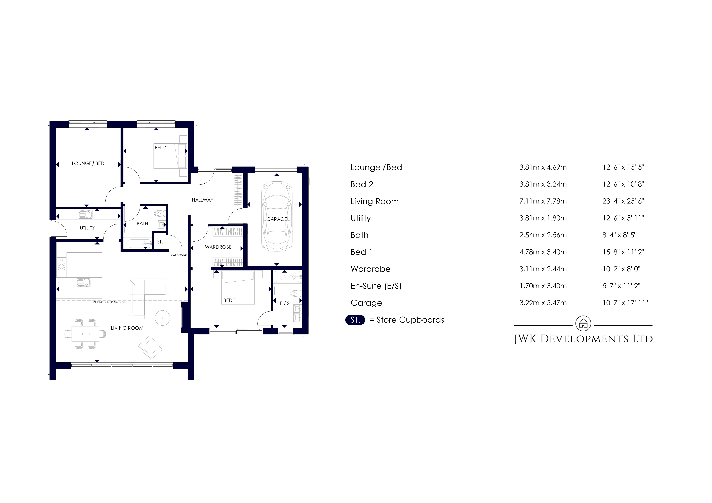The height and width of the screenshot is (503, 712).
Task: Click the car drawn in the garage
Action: pyautogui.click(x=277, y=216)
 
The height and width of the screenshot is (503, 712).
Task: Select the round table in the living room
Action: pyautogui.click(x=162, y=318)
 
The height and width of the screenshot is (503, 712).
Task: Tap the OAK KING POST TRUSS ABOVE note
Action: pyautogui.click(x=109, y=302)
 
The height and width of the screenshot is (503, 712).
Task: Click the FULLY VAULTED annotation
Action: pyautogui.click(x=178, y=255)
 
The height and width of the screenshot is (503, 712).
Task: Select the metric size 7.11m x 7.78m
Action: pyautogui.click(x=543, y=201)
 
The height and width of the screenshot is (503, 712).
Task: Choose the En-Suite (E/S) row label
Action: pyautogui.click(x=376, y=286)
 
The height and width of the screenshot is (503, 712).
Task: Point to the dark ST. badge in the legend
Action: pyautogui.click(x=355, y=320)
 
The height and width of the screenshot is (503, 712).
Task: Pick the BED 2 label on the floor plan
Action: pyautogui.click(x=161, y=148)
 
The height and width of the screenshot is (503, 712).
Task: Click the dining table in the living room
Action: pyautogui.click(x=85, y=334)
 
